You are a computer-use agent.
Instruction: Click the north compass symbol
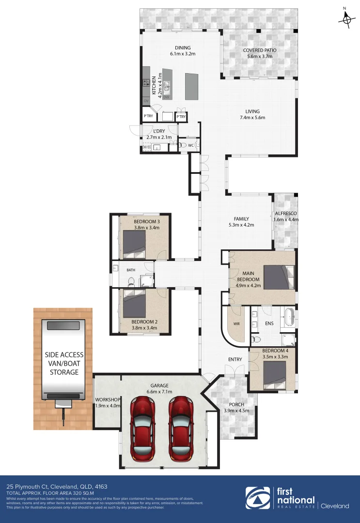346,18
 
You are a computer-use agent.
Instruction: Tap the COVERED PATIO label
257,50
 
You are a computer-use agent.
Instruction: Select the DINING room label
183,47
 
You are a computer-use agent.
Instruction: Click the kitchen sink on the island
167,87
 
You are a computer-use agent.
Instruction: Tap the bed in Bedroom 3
134,244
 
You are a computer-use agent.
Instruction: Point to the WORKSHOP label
108,400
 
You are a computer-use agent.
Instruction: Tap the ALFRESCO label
286,213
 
